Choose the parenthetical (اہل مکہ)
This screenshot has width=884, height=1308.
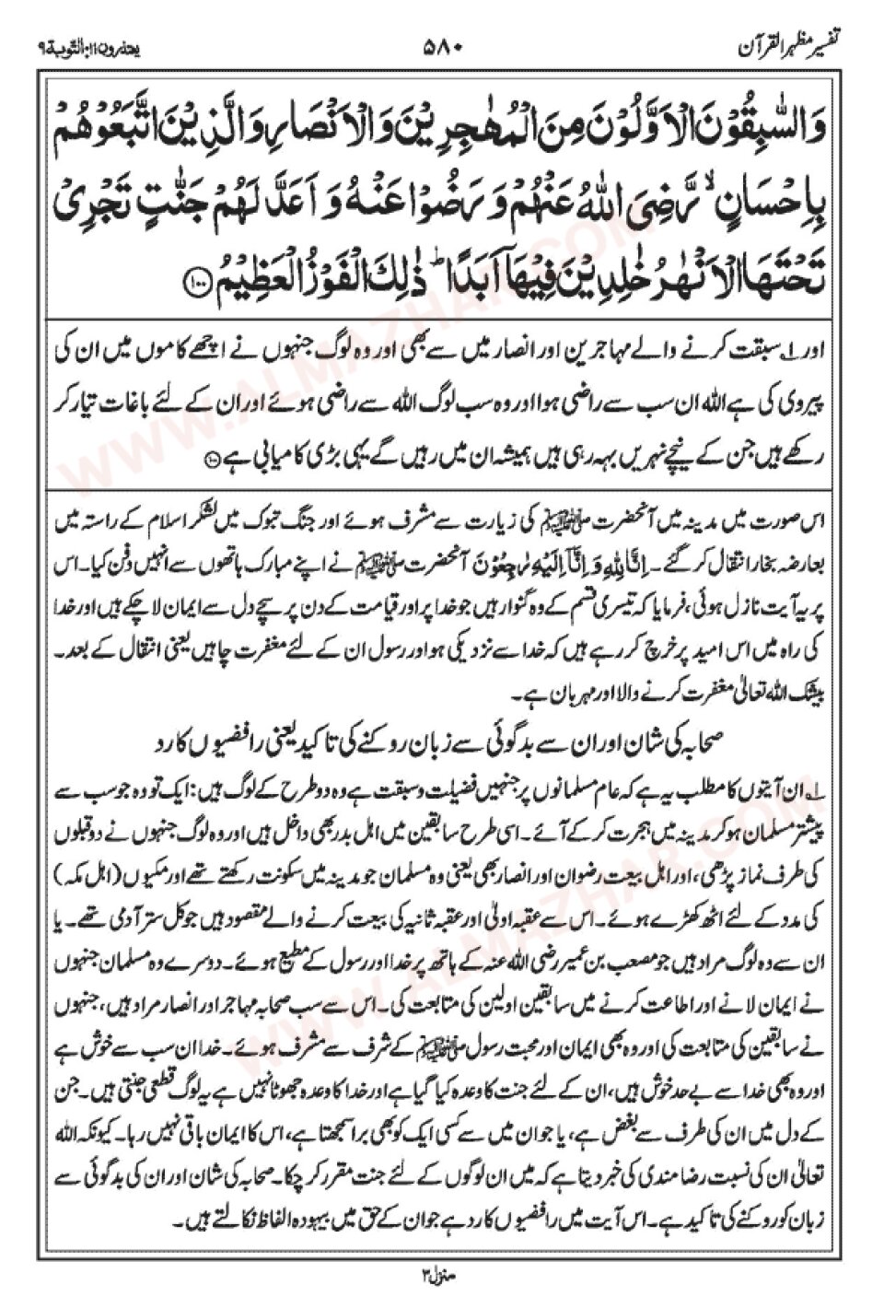[98, 845]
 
